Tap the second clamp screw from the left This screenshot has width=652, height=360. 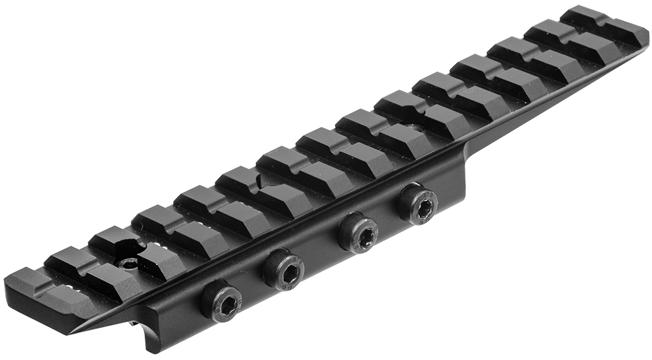point(283,269)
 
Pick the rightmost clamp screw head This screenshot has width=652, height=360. point(418,204)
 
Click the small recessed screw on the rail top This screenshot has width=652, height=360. point(128,263)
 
